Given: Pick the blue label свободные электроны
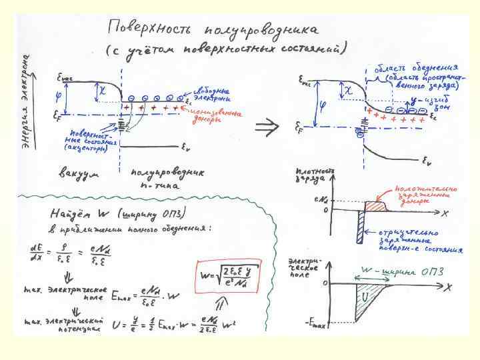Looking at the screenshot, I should pos(211,94).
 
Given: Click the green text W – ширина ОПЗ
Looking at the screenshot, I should pos(401,271).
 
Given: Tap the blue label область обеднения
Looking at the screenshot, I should pos(417,68).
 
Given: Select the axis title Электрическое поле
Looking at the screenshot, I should pos(302,266).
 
